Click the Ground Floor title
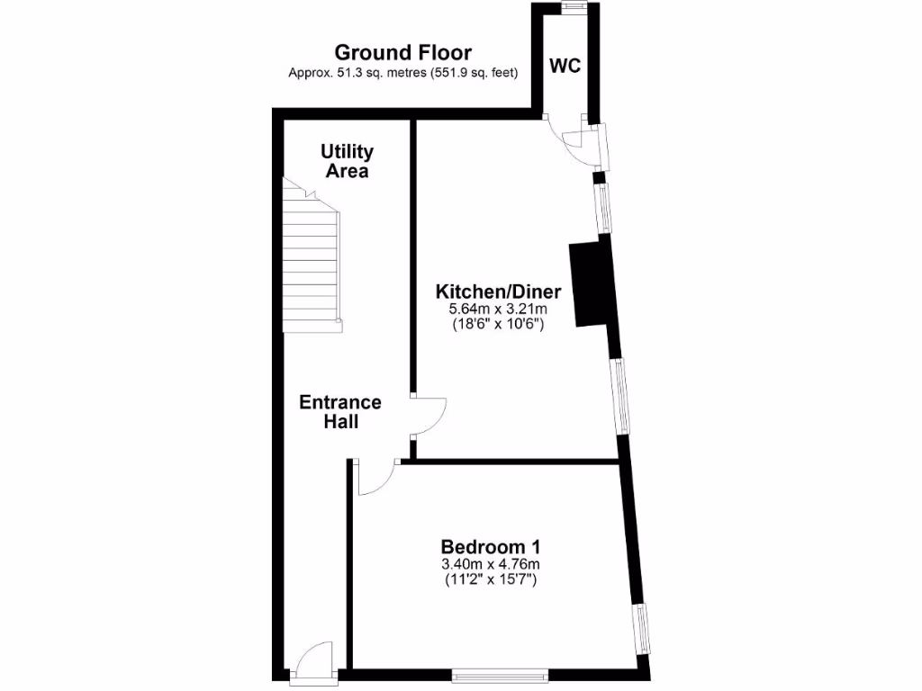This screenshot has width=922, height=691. [x=402, y=53]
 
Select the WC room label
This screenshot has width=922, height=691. [x=565, y=66]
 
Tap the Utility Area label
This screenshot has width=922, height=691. [x=347, y=161]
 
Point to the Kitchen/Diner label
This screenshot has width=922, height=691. [x=498, y=292]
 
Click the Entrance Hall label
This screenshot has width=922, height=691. [x=340, y=411]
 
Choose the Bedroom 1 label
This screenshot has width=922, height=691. [x=490, y=547]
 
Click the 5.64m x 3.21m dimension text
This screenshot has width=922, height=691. [x=498, y=310]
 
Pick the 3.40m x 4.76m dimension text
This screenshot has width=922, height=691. [x=490, y=565]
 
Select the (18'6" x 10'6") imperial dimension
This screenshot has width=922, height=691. [x=498, y=326]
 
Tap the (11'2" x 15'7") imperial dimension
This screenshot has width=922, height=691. [x=490, y=580]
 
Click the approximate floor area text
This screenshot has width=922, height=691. [x=402, y=73]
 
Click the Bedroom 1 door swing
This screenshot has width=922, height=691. [x=376, y=478]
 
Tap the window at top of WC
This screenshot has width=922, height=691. [x=574, y=7]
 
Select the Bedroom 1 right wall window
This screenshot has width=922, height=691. [x=640, y=629]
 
